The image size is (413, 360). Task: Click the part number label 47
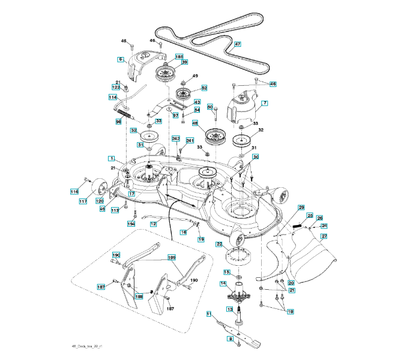tap(237, 44)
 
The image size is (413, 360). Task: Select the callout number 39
tap(184, 62)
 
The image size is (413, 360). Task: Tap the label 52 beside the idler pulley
tap(203, 88)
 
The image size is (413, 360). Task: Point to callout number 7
tap(264, 103)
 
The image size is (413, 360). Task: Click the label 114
tap(112, 97)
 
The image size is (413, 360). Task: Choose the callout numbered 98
tap(119, 121)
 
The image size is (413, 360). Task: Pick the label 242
tap(176, 138)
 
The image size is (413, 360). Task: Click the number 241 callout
tap(190, 141)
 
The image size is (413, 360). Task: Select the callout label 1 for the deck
tap(112, 158)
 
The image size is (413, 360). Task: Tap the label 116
tap(74, 191)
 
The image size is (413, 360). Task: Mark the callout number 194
tap(131, 223)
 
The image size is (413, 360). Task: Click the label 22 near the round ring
tap(219, 244)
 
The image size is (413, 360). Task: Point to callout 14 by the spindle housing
tap(223, 283)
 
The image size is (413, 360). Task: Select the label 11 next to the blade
tap(210, 313)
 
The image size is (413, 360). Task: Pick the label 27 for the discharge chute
tap(324, 236)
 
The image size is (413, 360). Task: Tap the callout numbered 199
tap(172, 257)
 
